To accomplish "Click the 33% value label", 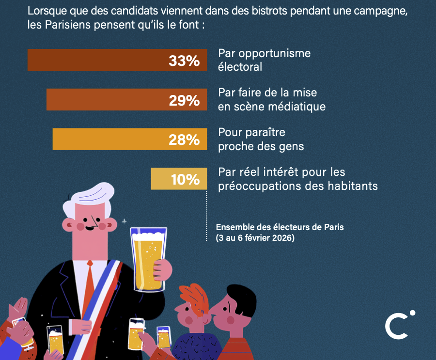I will [x=184, y=61].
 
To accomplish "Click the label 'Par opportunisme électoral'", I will [x=264, y=60].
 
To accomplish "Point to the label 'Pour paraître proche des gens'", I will [x=261, y=139].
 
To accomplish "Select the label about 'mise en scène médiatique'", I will [x=271, y=99].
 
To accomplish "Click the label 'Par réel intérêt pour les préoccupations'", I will [x=297, y=179].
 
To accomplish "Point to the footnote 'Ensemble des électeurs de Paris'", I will [x=280, y=227].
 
